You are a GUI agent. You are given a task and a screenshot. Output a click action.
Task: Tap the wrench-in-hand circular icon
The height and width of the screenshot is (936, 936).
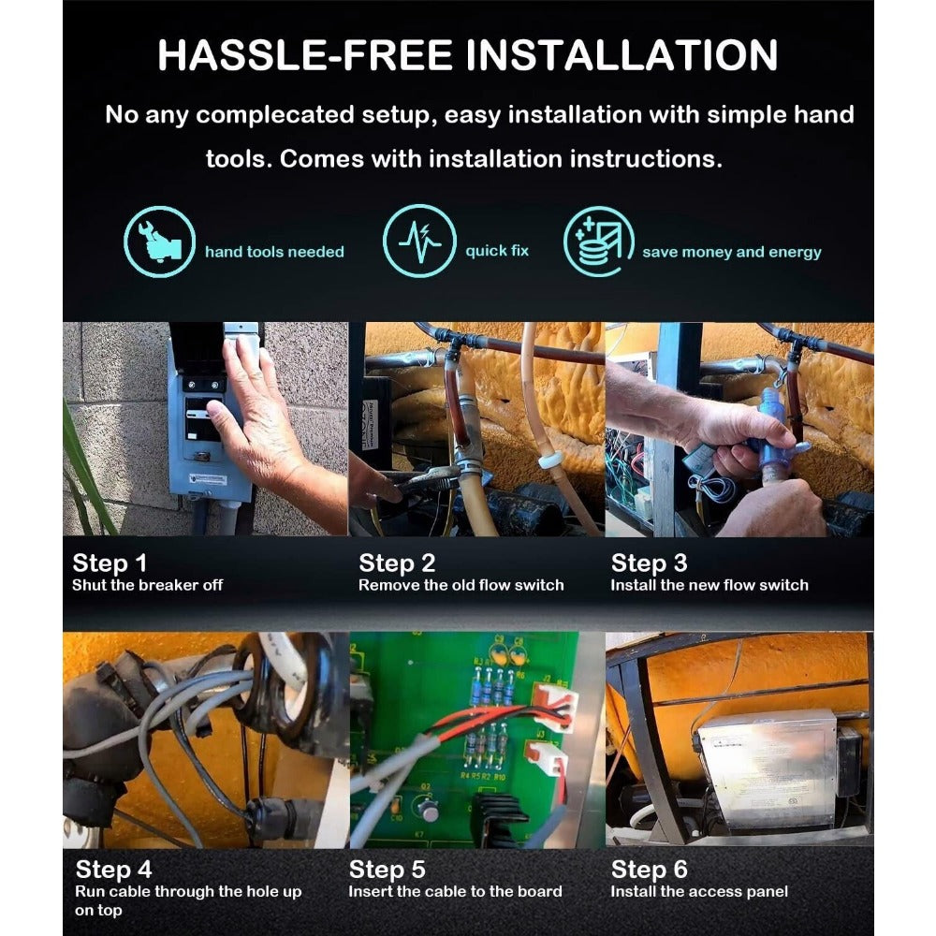pyautogui.click(x=159, y=241)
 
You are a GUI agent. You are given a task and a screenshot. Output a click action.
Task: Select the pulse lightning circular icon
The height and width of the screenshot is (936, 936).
pyautogui.click(x=419, y=241)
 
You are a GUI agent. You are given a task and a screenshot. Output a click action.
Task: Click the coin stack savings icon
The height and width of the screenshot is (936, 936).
pyautogui.click(x=598, y=241)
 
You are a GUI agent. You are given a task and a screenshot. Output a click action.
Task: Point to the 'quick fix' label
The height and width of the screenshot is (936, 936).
pyautogui.click(x=497, y=251)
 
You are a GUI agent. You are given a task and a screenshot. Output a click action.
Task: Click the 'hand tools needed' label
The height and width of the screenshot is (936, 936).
pyautogui.click(x=274, y=252)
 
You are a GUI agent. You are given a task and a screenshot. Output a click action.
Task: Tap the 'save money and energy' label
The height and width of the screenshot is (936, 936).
pyautogui.click(x=732, y=252)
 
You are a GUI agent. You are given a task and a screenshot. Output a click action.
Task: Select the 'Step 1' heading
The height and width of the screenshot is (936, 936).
pyautogui.click(x=110, y=563)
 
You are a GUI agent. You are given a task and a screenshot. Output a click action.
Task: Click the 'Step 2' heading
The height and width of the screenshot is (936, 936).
pyautogui.click(x=397, y=563)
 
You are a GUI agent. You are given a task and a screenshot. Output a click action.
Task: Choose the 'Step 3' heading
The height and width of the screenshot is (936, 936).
pyautogui.click(x=649, y=563)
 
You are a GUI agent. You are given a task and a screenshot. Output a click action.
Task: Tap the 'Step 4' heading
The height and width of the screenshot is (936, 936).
pyautogui.click(x=113, y=870)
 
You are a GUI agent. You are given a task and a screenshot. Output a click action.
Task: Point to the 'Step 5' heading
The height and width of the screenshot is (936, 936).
pyautogui.click(x=387, y=870)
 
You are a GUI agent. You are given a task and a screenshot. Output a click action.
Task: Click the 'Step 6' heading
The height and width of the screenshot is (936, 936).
pyautogui.click(x=649, y=870)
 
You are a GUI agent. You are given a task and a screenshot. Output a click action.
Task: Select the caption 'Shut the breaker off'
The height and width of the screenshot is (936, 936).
pyautogui.click(x=148, y=585)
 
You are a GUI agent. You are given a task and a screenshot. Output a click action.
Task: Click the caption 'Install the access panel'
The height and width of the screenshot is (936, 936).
pyautogui.click(x=699, y=891)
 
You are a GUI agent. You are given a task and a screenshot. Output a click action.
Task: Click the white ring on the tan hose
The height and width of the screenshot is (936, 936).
pyautogui.click(x=551, y=461)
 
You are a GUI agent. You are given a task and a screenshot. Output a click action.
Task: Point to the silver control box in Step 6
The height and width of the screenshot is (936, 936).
pyautogui.click(x=774, y=770)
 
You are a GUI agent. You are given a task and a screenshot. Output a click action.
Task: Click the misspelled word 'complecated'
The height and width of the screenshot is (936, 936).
pyautogui.click(x=275, y=115)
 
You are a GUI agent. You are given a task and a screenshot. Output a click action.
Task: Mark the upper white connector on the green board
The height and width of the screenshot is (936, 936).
pyautogui.click(x=555, y=706)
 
